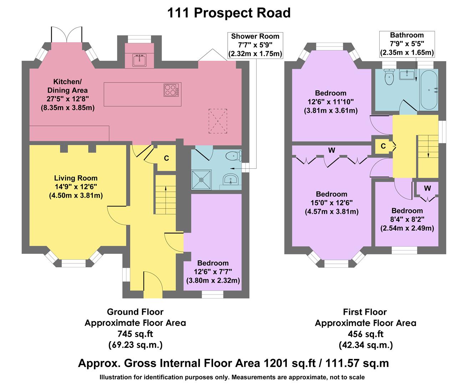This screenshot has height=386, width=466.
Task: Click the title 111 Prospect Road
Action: click(x=229, y=13)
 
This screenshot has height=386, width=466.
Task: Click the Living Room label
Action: click(x=76, y=178)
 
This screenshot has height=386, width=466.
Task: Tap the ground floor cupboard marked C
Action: click(x=166, y=158)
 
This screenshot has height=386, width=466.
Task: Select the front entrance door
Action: click(x=153, y=284)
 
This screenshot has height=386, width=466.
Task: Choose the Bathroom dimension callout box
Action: click(x=407, y=44)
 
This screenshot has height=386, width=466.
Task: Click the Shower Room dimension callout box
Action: click(x=255, y=45)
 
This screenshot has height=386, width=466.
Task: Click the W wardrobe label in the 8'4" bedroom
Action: click(x=427, y=188)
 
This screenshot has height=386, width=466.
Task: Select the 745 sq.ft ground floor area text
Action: click(x=135, y=334)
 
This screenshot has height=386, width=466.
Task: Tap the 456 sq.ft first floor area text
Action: click(x=365, y=334)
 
